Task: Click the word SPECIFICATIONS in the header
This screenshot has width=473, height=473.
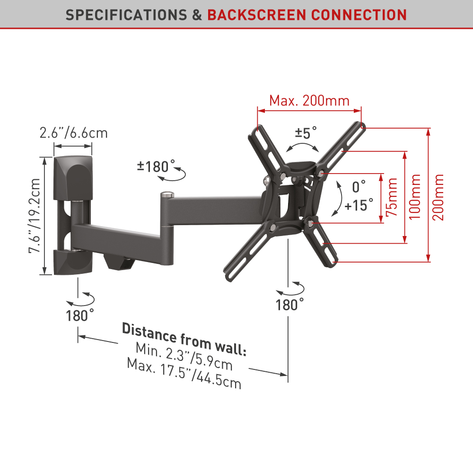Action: (126, 15)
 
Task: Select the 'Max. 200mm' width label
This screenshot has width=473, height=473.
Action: (309, 100)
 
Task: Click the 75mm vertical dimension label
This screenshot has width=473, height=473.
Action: (392, 197)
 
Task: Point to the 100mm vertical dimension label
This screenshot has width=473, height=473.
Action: (414, 197)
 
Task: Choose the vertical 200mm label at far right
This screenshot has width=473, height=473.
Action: (438, 197)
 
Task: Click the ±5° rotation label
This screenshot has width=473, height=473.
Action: (306, 133)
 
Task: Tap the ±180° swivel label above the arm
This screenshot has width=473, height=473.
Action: (156, 166)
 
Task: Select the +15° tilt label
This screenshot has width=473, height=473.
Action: (359, 205)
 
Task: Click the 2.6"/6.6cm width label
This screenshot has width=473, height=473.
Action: (74, 133)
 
